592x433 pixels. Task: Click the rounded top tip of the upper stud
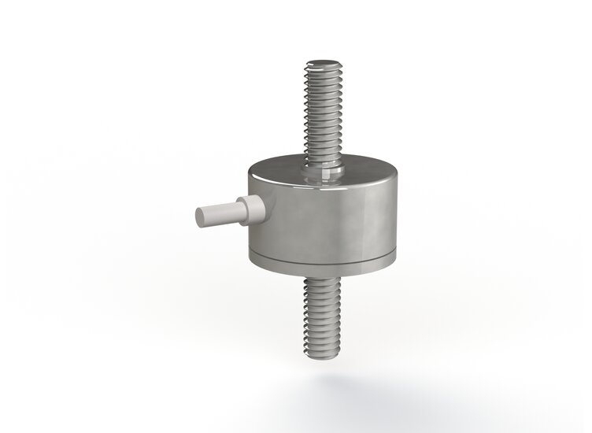point(323,62)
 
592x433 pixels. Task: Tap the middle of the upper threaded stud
point(323,110)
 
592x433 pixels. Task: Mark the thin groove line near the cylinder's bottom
point(323,257)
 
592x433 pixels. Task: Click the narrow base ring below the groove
point(323,264)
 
